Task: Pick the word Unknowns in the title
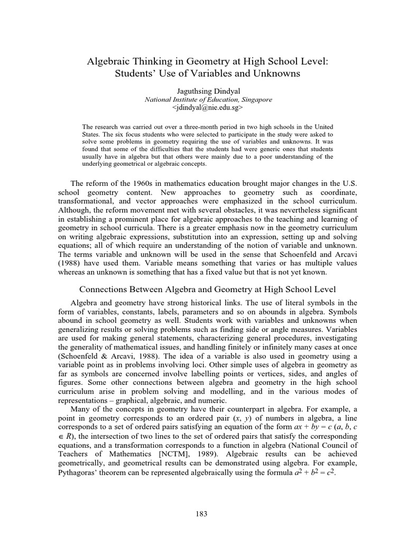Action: [277, 74]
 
